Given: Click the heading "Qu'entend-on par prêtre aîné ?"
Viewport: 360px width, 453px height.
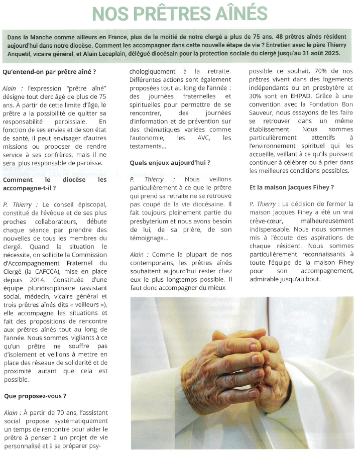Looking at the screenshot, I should coord(49,72).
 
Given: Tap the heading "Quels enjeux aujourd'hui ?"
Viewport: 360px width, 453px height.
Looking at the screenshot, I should coord(170,163).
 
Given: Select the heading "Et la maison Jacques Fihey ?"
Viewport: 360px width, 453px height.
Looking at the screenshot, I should coord(291,187).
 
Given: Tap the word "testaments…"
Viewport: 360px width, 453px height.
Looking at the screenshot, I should coord(146,146).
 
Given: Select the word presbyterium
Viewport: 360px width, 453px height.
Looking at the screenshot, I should coord(151,213).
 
